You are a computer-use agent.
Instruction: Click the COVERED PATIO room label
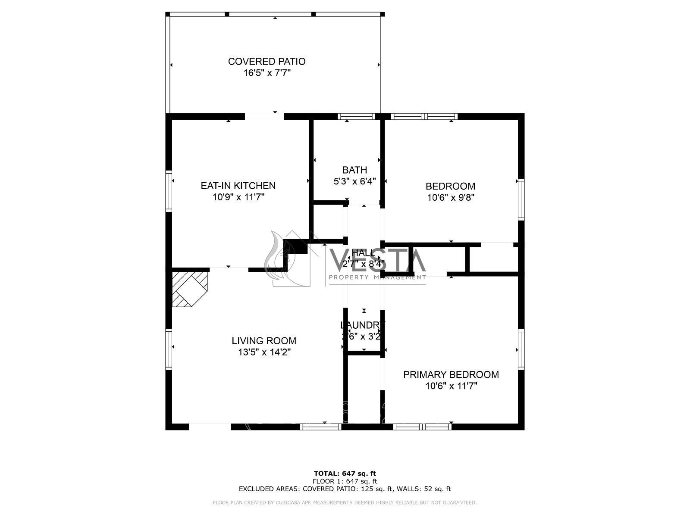coord(267,62)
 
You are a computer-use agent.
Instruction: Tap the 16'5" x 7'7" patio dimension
coord(267,73)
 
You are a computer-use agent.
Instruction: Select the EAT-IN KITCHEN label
coord(238,186)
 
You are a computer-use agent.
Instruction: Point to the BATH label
coord(354,170)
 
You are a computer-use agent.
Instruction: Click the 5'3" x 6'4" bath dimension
coord(354,181)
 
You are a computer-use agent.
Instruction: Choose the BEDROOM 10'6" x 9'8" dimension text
coord(450,198)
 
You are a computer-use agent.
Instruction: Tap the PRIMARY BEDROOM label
coord(451,374)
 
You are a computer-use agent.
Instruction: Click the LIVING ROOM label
coord(264,341)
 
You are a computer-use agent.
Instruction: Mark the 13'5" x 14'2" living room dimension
coord(264,352)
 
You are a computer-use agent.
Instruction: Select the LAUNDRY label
coord(362,325)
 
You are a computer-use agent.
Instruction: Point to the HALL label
coord(363,253)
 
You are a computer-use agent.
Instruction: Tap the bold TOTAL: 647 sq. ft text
coord(345,473)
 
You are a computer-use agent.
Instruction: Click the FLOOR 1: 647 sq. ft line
coord(345,481)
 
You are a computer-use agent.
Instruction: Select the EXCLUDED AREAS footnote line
coord(345,489)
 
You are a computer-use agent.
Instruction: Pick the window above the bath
coord(356,116)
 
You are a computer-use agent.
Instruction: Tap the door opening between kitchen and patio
coord(264,116)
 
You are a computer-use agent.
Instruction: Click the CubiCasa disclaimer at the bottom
coord(345,503)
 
